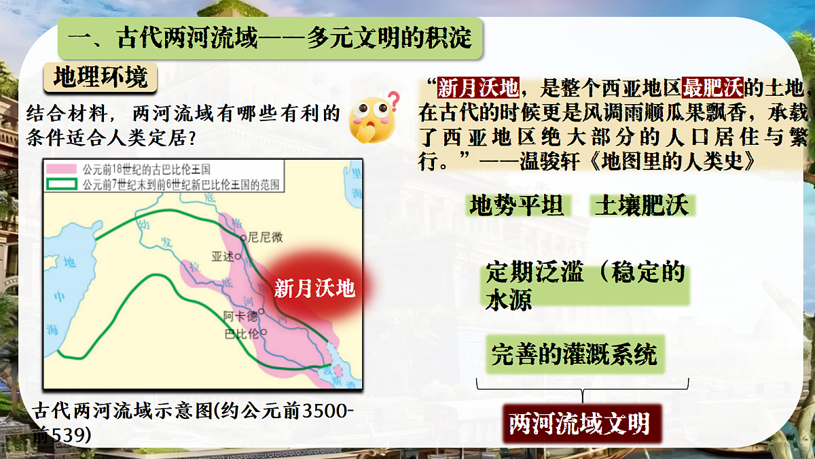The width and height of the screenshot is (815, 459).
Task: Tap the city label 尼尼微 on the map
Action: coord(265,237)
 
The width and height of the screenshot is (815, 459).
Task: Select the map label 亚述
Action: coord(222,256)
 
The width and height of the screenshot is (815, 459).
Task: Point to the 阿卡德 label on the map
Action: coord(241,316)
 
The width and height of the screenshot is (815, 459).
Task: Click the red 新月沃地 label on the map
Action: coord(314,288)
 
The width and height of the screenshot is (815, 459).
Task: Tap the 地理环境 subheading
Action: coord(100,78)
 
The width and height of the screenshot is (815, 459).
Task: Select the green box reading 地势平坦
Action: coord(517,205)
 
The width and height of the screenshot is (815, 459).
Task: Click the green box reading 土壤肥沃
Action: coord(641,205)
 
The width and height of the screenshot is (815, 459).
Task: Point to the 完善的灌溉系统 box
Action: coord(575,354)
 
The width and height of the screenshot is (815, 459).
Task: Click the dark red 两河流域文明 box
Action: coord(579,423)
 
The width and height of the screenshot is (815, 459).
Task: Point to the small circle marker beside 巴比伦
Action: coord(264,332)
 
